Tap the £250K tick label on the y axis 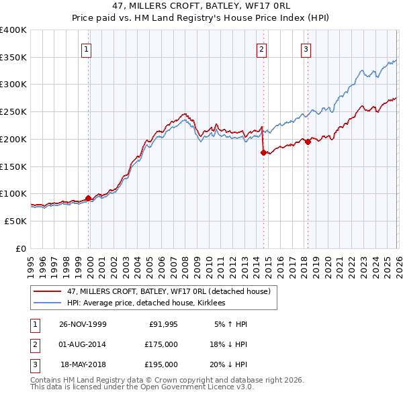pyautogui.click(x=13, y=111)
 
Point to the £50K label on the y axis pyautogui.click(x=15, y=221)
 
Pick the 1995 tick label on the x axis pyautogui.click(x=31, y=263)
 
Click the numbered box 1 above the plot pyautogui.click(x=87, y=48)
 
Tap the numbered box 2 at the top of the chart pyautogui.click(x=261, y=48)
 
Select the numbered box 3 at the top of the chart pyautogui.click(x=306, y=48)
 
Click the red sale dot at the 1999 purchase pyautogui.click(x=89, y=198)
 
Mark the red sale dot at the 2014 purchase pyautogui.click(x=263, y=152)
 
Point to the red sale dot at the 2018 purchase pyautogui.click(x=308, y=142)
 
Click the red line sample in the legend pyautogui.click(x=48, y=291)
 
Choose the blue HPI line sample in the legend pyautogui.click(x=48, y=303)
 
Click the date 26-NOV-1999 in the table pyautogui.click(x=83, y=324)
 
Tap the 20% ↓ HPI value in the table pyautogui.click(x=229, y=364)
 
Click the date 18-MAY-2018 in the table pyautogui.click(x=83, y=364)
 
